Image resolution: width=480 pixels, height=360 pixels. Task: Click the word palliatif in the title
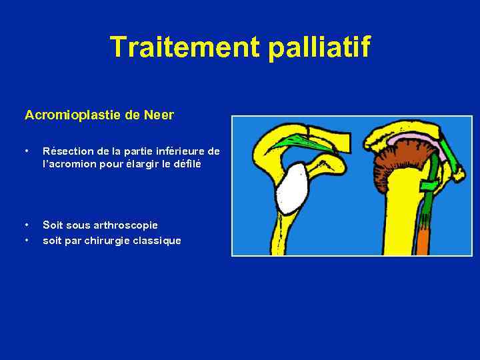(319, 47)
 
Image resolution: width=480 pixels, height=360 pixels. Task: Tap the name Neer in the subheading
(159, 115)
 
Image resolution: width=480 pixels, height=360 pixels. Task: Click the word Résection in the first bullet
(65, 151)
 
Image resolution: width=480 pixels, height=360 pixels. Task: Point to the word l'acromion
(68, 164)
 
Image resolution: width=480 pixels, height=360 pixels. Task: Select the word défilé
(186, 164)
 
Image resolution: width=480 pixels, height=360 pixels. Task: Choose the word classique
(155, 241)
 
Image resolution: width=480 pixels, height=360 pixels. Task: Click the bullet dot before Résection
(26, 151)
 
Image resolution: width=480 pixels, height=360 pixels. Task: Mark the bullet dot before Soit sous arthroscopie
(26, 225)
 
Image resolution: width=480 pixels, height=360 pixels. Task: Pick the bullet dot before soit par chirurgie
(26, 241)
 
